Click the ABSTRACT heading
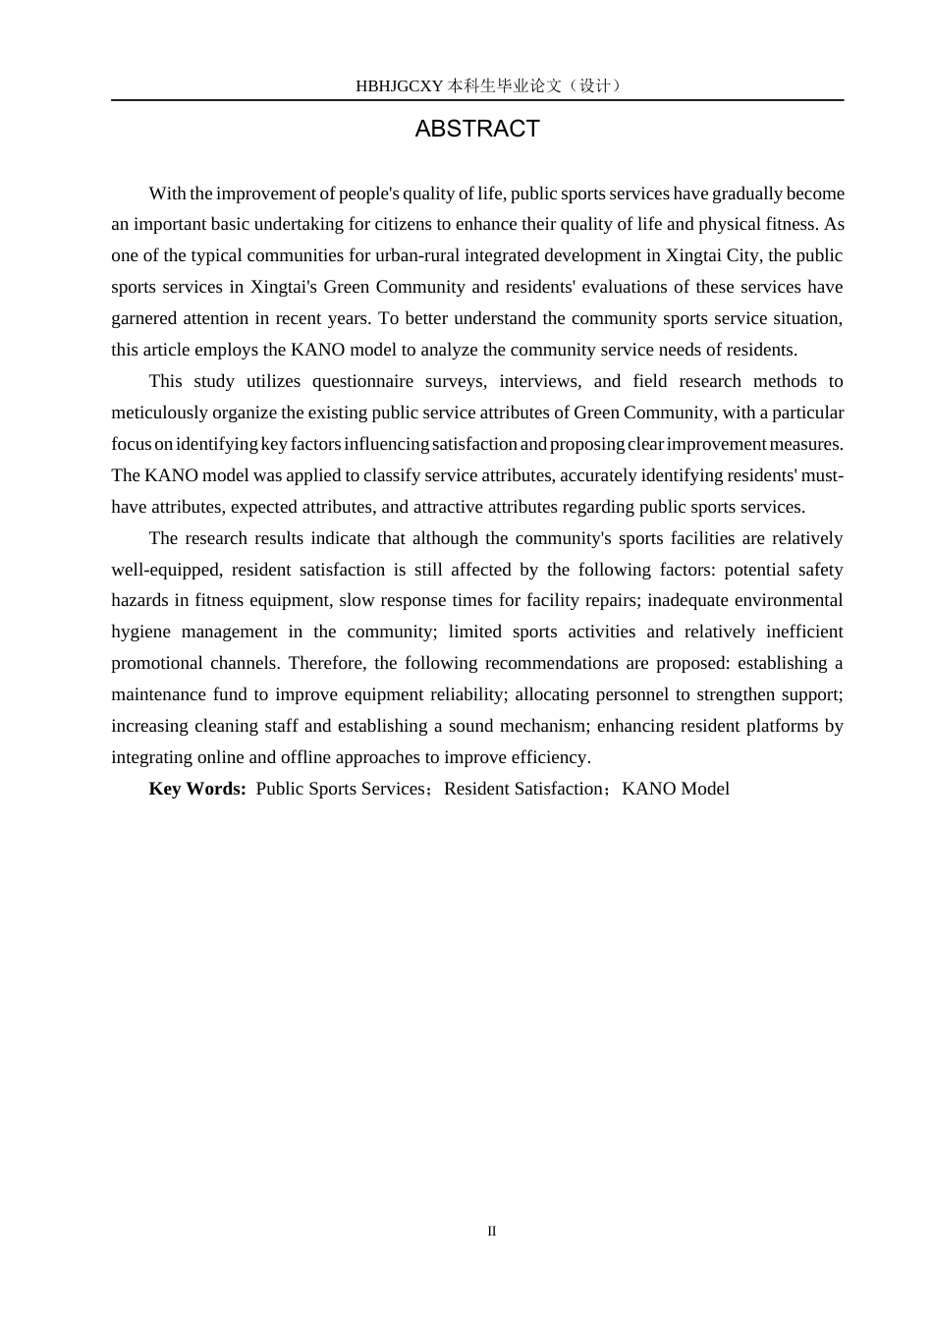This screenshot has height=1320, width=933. tap(477, 129)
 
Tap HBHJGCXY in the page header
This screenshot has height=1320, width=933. tap(400, 85)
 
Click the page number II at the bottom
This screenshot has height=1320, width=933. tap(492, 1232)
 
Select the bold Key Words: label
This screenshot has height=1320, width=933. tap(197, 789)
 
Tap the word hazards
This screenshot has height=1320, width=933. tap(140, 600)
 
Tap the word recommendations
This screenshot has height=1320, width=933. tap(554, 663)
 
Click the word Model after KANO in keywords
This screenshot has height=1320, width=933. tap(704, 789)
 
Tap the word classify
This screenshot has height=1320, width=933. tap(391, 475)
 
